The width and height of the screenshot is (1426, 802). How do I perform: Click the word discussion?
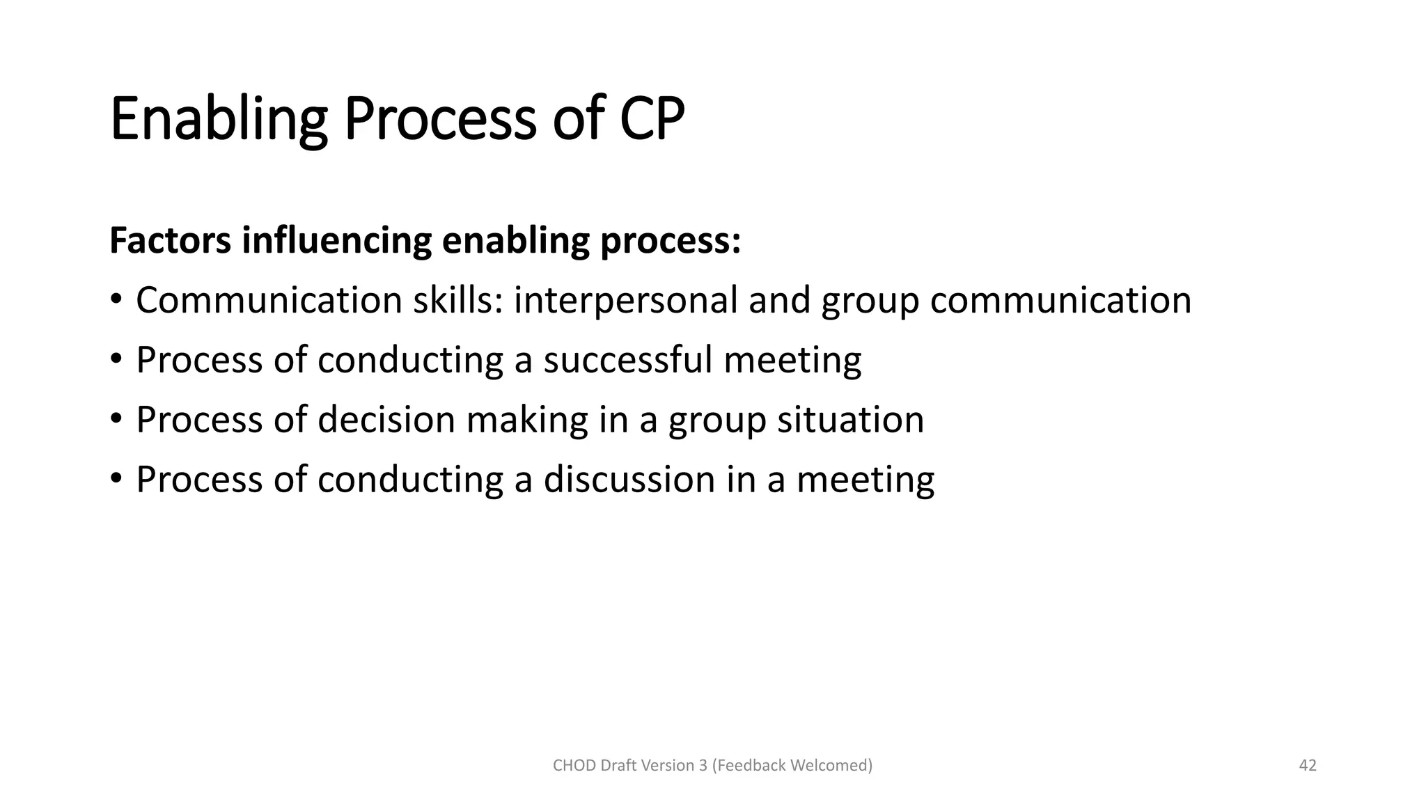(x=629, y=480)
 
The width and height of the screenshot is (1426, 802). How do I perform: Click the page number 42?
(x=1308, y=766)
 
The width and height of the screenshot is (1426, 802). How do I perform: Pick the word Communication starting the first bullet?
(x=269, y=301)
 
